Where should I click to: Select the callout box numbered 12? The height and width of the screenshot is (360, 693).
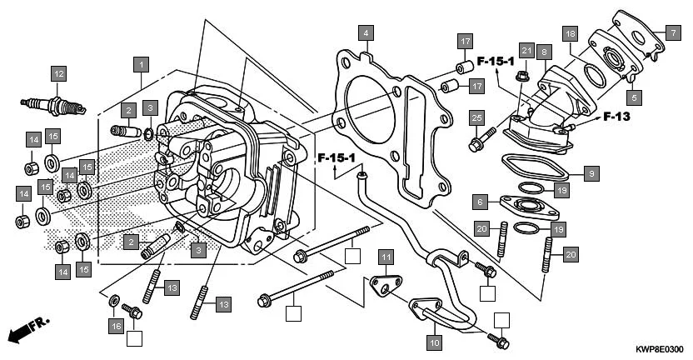57,74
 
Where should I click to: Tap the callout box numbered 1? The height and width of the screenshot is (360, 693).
142,63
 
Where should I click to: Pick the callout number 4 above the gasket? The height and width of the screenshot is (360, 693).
365,33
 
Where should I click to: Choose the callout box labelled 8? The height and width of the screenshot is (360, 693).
543,52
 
